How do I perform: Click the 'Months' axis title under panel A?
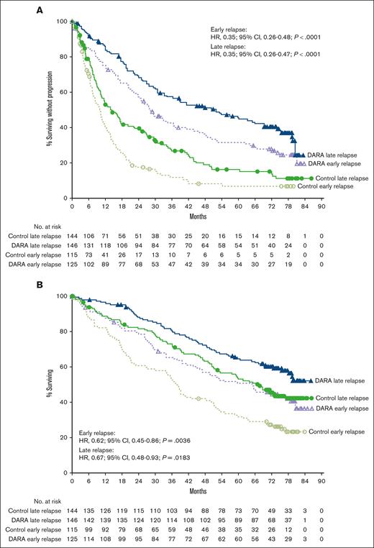[196, 213]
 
